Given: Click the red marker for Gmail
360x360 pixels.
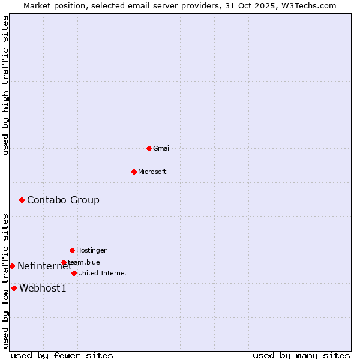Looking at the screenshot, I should click(x=149, y=148).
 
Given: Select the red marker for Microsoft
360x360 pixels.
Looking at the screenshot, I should click(x=134, y=172).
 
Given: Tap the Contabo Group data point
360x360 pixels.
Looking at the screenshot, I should click(x=22, y=200).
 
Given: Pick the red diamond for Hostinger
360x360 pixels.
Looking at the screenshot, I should click(x=72, y=250).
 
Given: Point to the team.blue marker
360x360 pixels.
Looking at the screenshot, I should click(x=64, y=262).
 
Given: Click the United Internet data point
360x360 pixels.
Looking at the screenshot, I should click(x=74, y=273).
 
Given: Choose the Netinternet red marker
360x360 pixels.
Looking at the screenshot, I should click(x=12, y=266).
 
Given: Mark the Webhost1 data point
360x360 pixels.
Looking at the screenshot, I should click(x=14, y=288).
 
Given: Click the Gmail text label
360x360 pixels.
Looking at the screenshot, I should click(x=162, y=148).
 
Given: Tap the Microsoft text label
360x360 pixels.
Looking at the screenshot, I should click(x=152, y=172).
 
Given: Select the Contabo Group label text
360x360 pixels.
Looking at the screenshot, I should click(x=63, y=200).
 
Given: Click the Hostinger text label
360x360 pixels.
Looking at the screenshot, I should click(x=91, y=250).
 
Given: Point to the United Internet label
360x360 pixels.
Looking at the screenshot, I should click(x=103, y=273).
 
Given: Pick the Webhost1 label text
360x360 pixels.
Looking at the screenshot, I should click(x=43, y=288).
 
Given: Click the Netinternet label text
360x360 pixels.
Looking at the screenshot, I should click(x=44, y=266).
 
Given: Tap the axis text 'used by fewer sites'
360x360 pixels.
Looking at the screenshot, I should click(x=62, y=355).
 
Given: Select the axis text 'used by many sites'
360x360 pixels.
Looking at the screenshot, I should click(x=301, y=355).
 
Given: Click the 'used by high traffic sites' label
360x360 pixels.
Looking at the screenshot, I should click(x=5, y=85).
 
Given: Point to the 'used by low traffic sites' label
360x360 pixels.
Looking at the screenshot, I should click(x=5, y=281).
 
